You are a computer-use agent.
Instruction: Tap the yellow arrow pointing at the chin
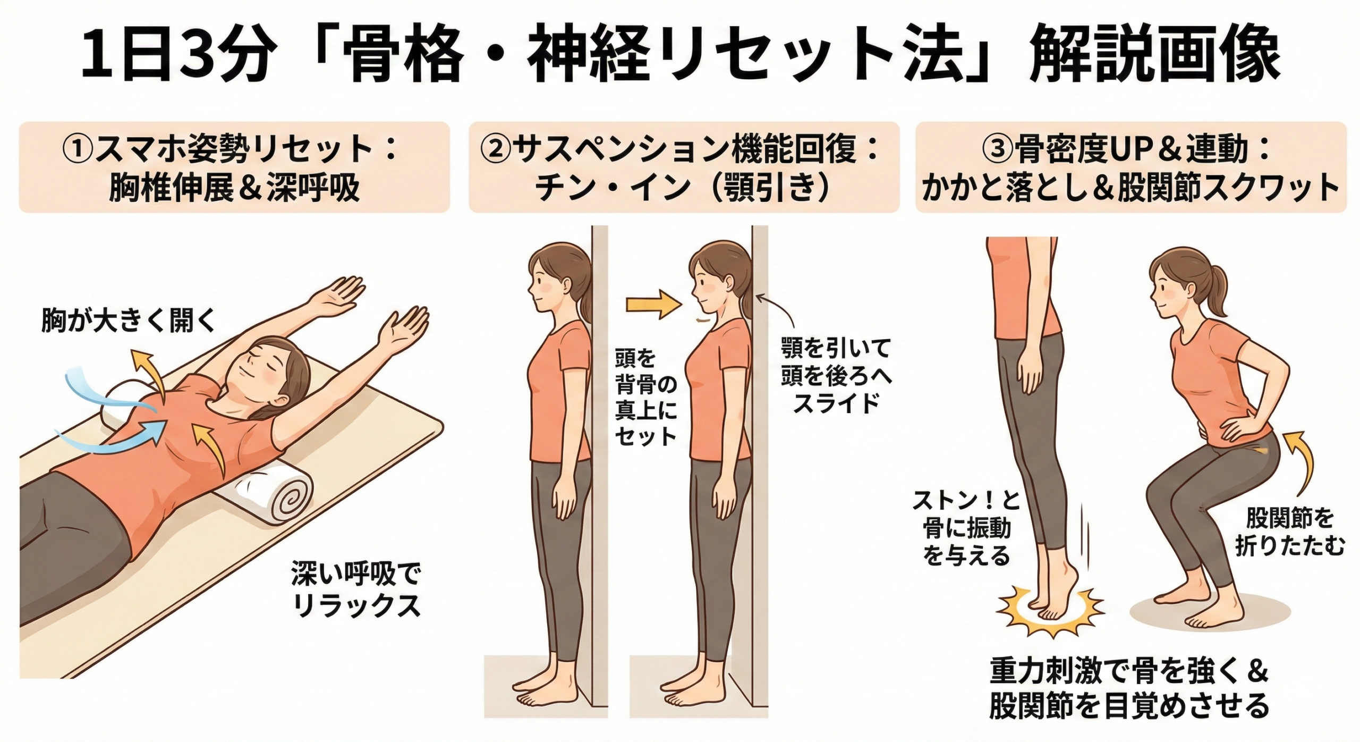(x=652, y=305)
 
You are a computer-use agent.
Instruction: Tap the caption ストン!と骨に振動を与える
(x=966, y=528)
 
